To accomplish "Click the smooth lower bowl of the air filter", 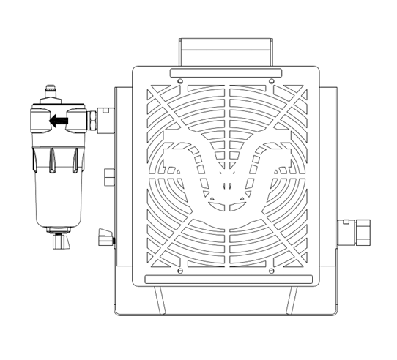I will point(55,206).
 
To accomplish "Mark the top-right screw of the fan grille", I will point(272,80).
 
